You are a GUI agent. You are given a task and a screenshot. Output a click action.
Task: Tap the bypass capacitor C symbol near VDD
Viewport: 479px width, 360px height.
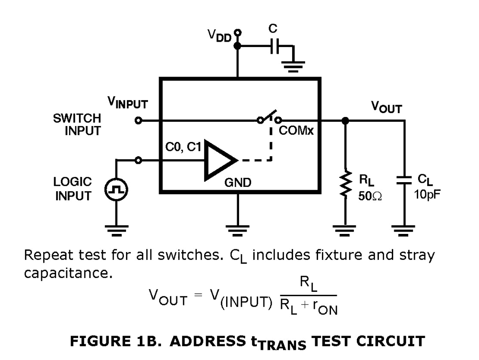click(x=274, y=46)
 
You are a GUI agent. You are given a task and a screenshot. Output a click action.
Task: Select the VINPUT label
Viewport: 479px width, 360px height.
click(x=128, y=104)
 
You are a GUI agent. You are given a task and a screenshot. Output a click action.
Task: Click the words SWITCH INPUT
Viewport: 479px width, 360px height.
click(x=77, y=125)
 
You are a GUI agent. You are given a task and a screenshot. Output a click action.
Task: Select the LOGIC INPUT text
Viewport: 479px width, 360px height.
click(x=73, y=190)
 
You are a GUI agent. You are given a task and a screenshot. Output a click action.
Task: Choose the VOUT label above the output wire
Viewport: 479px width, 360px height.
click(x=386, y=108)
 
